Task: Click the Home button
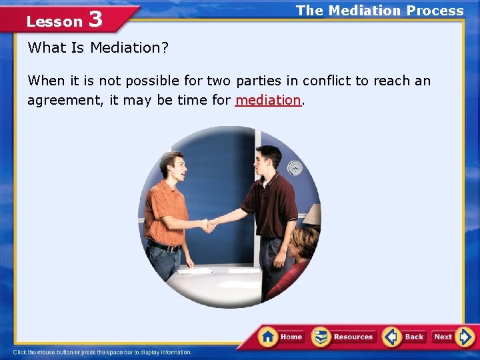(281, 337)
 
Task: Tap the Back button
(405, 337)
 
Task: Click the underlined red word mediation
(268, 100)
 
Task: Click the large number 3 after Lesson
(95, 19)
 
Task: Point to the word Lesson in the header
(54, 21)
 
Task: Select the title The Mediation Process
(379, 11)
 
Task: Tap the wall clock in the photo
(295, 168)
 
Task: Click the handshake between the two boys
(209, 226)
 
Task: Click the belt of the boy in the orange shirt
(165, 247)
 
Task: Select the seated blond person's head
(304, 241)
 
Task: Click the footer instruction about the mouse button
(102, 352)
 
